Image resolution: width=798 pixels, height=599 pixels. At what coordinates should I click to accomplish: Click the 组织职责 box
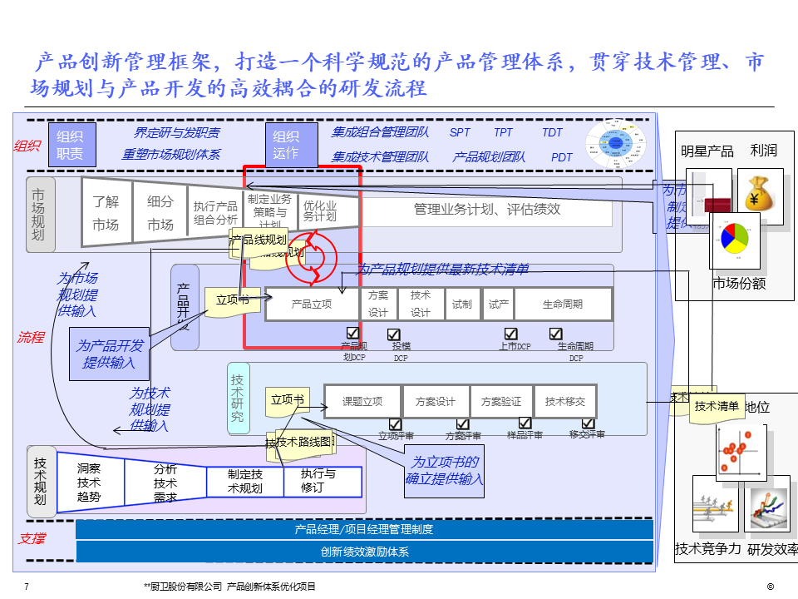pyautogui.click(x=71, y=144)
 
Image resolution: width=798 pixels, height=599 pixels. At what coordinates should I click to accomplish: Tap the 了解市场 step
pyautogui.click(x=106, y=213)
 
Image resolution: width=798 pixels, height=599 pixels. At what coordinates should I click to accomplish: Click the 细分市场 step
pyautogui.click(x=160, y=213)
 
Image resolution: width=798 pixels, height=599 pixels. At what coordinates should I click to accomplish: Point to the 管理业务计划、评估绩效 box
pyautogui.click(x=487, y=210)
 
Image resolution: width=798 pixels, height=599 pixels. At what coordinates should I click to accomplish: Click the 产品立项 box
pyautogui.click(x=313, y=304)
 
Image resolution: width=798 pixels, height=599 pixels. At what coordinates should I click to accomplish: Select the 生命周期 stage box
pyautogui.click(x=563, y=304)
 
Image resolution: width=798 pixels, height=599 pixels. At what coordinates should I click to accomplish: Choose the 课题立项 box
pyautogui.click(x=362, y=401)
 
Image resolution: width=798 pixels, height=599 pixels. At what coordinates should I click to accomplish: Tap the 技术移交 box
pyautogui.click(x=565, y=401)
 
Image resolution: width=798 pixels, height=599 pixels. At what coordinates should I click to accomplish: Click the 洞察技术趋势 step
pyautogui.click(x=89, y=482)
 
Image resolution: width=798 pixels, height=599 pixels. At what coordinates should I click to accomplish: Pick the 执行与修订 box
pyautogui.click(x=318, y=481)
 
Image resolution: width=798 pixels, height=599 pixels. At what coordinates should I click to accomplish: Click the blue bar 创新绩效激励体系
pyautogui.click(x=364, y=552)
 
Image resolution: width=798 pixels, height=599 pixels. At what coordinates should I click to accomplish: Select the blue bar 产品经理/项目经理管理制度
pyautogui.click(x=364, y=529)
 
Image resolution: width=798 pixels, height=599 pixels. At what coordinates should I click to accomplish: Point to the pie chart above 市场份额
pyautogui.click(x=735, y=238)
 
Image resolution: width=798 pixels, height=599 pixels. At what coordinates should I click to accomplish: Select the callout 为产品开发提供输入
pyautogui.click(x=110, y=354)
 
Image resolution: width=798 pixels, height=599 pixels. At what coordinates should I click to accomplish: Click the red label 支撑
pyautogui.click(x=32, y=538)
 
